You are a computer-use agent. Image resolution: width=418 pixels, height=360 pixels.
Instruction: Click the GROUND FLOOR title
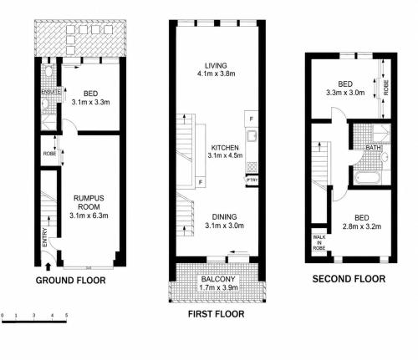(70, 280)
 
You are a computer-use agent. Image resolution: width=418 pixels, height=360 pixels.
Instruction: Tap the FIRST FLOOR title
(217, 314)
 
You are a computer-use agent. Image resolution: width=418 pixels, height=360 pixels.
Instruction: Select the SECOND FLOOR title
(349, 279)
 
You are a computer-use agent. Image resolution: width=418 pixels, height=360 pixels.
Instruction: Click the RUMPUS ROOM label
(89, 202)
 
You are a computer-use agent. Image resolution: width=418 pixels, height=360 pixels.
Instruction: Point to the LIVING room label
(216, 66)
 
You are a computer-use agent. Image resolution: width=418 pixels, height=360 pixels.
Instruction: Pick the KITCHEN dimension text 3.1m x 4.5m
(225, 155)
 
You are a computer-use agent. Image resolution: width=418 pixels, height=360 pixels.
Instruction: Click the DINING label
(224, 217)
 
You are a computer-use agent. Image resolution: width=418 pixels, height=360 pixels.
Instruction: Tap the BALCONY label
(218, 279)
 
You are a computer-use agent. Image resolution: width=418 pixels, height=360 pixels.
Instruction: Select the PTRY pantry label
(252, 180)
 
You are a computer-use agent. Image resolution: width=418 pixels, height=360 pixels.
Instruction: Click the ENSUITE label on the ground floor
(50, 92)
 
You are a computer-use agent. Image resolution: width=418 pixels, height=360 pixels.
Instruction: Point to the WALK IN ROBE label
(319, 242)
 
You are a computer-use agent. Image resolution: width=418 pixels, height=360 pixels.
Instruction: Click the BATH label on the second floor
(373, 147)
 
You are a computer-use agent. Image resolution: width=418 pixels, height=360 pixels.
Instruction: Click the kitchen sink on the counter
(252, 136)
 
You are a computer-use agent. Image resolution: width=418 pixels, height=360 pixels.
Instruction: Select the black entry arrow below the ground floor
(48, 266)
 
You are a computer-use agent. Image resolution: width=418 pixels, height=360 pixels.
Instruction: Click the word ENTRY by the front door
(45, 237)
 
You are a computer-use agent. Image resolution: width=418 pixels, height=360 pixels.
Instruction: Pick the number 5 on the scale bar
(66, 316)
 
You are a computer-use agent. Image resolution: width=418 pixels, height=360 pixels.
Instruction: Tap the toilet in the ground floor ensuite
(49, 71)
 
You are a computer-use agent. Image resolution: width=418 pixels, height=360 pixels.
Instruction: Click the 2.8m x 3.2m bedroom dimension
(362, 226)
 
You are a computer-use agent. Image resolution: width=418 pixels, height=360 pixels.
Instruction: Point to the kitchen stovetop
(252, 167)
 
